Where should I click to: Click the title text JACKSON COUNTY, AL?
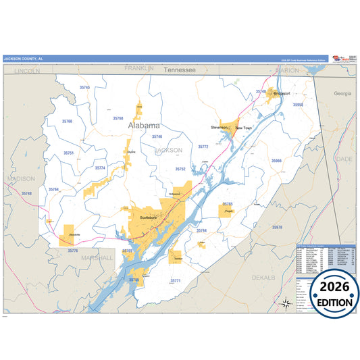tap(23, 59)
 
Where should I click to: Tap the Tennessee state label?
tap(179, 70)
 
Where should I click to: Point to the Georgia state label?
tap(342, 93)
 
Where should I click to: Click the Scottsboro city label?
tap(148, 218)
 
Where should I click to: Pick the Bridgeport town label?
tap(281, 93)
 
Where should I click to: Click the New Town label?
tap(243, 127)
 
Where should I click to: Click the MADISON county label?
tap(20, 178)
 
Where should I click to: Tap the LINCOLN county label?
tap(27, 70)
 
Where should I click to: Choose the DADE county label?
tap(344, 158)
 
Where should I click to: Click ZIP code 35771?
tap(175, 280)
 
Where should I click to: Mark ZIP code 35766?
tap(67, 121)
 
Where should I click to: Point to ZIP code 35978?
tap(277, 228)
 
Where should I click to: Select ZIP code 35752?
tap(180, 169)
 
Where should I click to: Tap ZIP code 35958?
tap(298, 105)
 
